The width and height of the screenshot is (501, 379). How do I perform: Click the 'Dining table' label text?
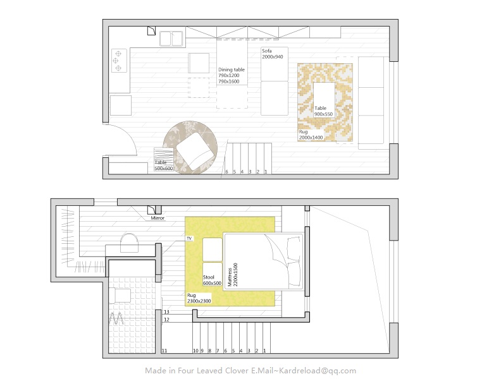coord(232,69)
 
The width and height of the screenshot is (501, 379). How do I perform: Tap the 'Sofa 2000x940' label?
coord(272,54)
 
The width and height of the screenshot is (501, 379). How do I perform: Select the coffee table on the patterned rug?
coord(324,100)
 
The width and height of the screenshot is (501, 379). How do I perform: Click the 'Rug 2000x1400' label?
coord(311,135)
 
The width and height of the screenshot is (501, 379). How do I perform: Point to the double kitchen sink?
coord(171,39)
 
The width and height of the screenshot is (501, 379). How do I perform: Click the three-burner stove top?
coord(119,61)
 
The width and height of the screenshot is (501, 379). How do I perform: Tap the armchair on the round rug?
coord(195,151)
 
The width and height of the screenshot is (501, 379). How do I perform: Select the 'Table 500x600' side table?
coord(164,159)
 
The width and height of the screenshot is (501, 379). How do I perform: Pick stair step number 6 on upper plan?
coord(227,172)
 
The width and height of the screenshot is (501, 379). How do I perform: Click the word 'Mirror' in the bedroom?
coord(158,218)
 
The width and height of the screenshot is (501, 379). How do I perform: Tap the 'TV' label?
coord(189,238)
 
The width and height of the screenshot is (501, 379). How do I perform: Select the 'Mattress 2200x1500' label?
coord(233,274)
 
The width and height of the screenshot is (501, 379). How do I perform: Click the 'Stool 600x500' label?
coord(212,280)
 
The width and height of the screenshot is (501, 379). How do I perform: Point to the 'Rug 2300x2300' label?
coord(199,298)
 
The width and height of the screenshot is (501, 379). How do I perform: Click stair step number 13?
coord(166,311)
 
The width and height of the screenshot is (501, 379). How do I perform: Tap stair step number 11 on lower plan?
coord(164,351)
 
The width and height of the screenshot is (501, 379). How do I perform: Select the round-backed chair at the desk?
coord(129,243)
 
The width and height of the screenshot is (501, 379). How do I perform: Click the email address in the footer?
coord(316,371)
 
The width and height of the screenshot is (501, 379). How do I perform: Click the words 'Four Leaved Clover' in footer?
coord(213,371)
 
